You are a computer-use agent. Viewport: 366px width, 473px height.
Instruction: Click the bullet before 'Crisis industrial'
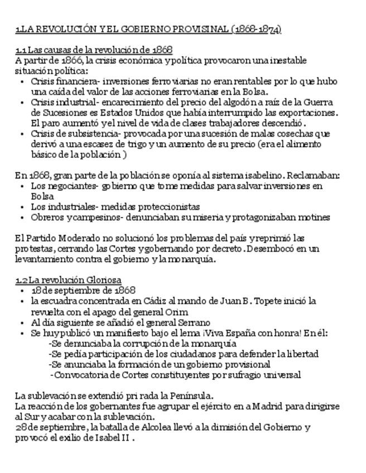pos(22,102)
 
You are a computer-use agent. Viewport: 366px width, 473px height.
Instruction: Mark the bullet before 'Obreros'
pos(22,217)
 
